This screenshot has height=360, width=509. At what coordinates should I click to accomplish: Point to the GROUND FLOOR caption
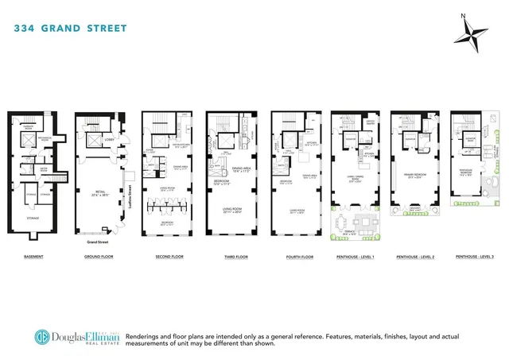pos(98,257)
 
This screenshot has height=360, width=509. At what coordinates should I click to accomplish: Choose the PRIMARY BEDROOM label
pos(414,177)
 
